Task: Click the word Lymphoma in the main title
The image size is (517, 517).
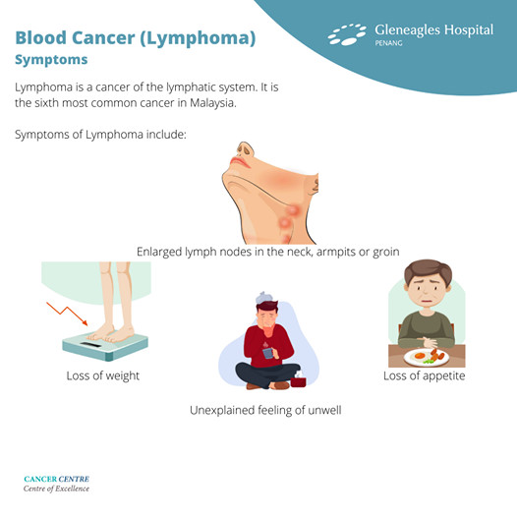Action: click(203, 39)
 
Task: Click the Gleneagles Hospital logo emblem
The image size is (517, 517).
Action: click(346, 35)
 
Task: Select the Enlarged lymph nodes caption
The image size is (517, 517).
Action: click(267, 252)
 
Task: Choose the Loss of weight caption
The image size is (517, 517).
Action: click(102, 376)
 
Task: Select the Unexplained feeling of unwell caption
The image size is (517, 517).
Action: click(265, 410)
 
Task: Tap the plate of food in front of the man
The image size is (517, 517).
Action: click(427, 356)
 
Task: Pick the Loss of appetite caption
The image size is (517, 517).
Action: click(424, 376)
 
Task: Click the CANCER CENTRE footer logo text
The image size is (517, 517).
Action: click(56, 480)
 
